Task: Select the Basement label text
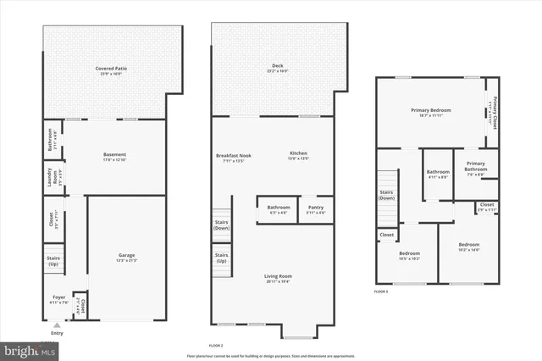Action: coord(114,154)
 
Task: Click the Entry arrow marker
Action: coord(57,325)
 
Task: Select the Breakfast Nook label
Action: coord(235,153)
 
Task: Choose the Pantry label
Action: coord(316,208)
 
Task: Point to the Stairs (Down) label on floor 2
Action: coord(221,225)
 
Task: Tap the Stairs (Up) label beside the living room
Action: coord(221,258)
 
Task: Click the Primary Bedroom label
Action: coord(430,110)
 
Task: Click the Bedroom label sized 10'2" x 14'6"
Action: coord(469,245)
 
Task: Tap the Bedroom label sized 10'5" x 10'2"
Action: coord(410,253)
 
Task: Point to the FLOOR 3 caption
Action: coord(382,292)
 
